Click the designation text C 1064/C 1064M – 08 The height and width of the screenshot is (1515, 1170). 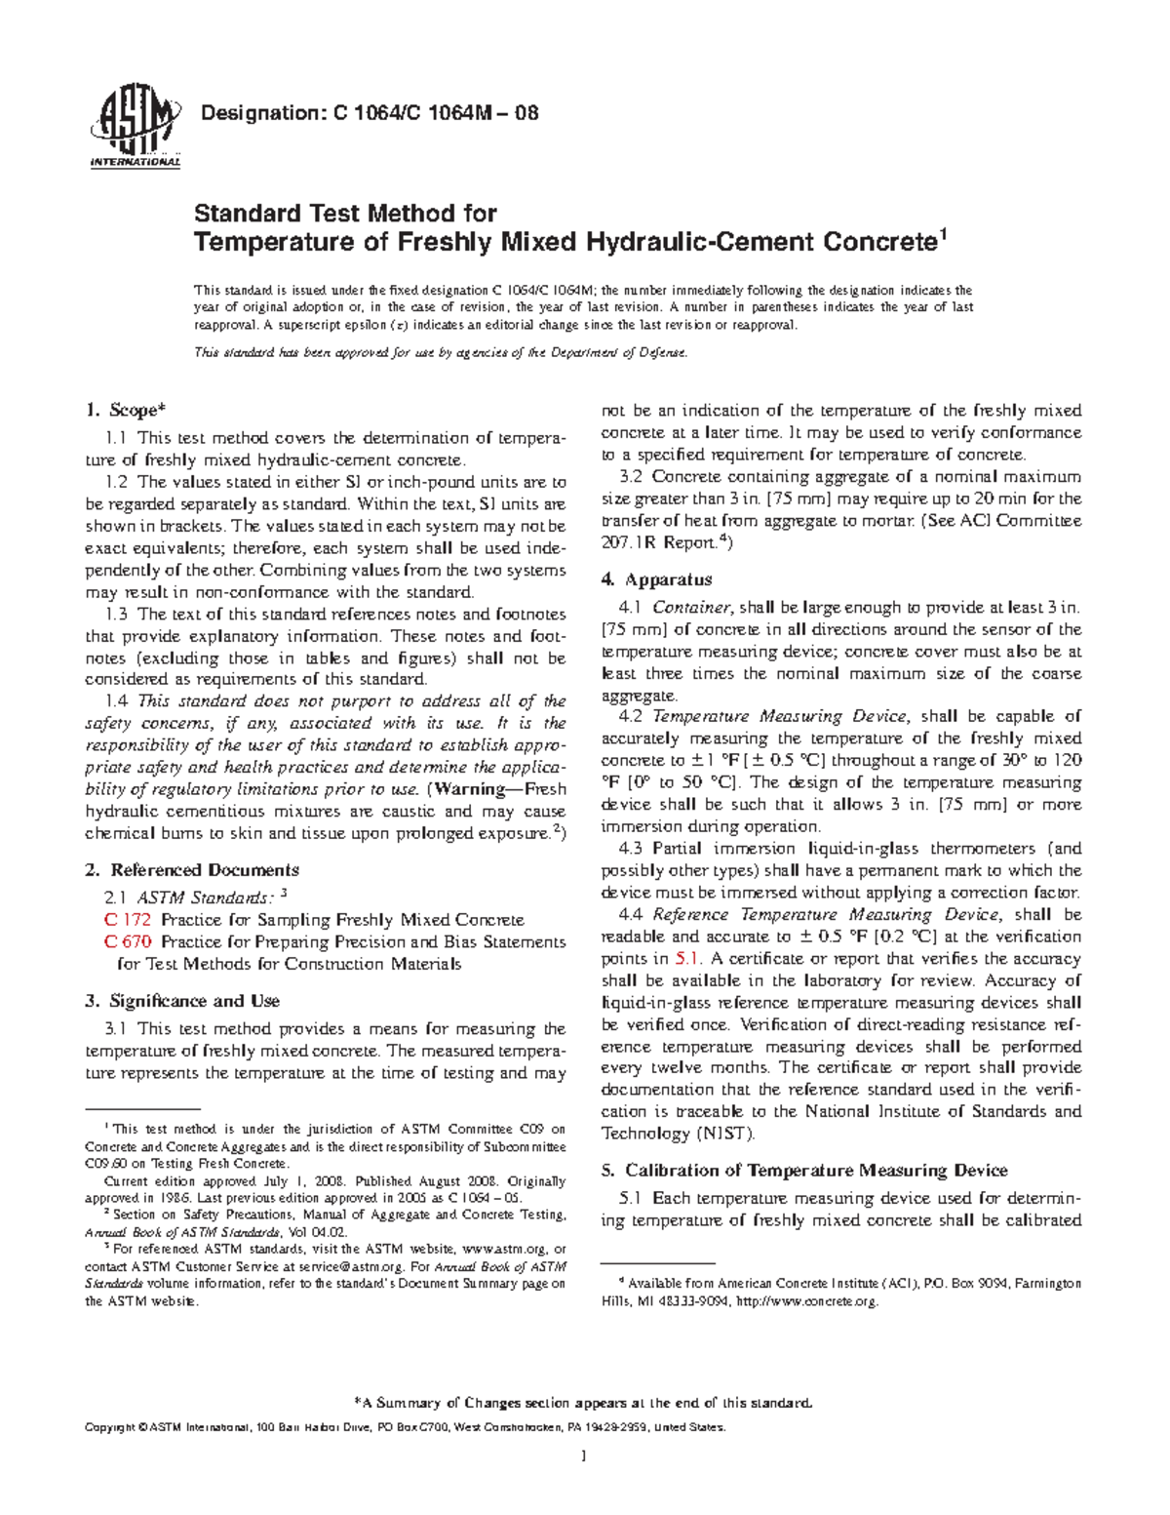coord(369,113)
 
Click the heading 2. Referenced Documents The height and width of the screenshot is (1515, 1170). coord(192,870)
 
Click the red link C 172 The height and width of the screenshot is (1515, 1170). coord(127,920)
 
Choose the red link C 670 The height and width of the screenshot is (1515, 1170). coord(127,942)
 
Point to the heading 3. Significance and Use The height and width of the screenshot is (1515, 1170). coord(182,1001)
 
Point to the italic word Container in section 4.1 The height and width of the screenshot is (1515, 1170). coord(688,608)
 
